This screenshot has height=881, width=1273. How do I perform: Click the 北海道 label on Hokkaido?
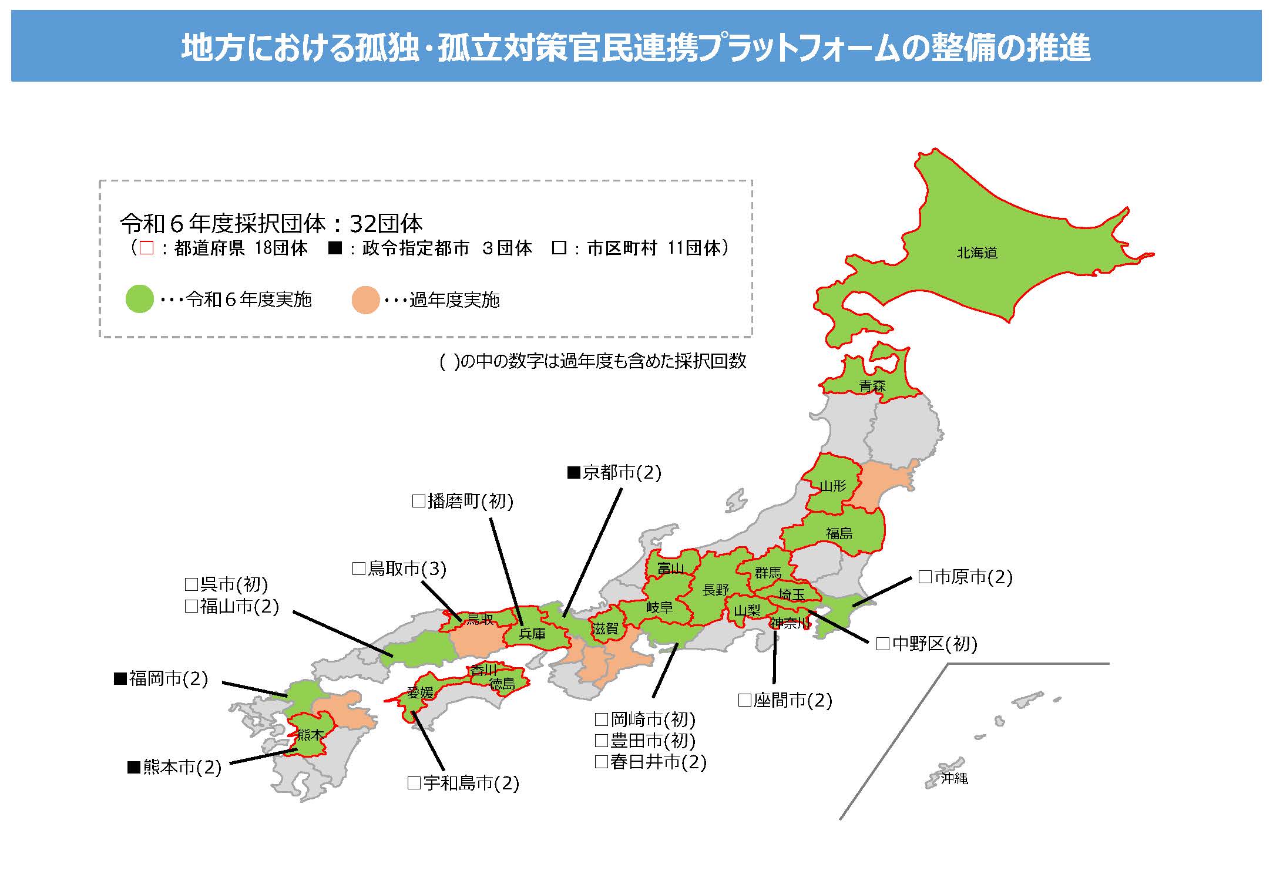(x=977, y=253)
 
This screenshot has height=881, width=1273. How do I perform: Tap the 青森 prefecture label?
(x=872, y=386)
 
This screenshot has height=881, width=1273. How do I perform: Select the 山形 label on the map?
(x=833, y=486)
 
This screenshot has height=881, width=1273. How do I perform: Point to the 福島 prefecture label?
(x=839, y=533)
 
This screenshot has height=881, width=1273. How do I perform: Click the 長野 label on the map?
(x=716, y=590)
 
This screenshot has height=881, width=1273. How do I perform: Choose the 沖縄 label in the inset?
(x=954, y=779)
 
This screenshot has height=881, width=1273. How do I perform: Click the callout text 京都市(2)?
(x=622, y=472)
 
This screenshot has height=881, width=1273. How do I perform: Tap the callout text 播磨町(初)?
(x=470, y=501)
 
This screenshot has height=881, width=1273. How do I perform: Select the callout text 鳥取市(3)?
(x=407, y=569)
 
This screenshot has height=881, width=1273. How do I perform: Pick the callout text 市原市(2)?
(x=973, y=577)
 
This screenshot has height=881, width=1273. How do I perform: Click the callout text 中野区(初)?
(x=934, y=644)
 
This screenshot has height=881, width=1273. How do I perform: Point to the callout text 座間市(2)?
(x=792, y=700)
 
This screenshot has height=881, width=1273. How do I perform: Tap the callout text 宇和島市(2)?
(x=471, y=783)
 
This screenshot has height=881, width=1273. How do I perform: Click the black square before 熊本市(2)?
(x=134, y=767)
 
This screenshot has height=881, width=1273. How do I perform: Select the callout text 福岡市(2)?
(x=169, y=679)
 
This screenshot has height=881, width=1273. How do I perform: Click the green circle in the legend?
(x=140, y=299)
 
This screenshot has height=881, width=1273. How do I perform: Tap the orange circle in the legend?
(x=365, y=300)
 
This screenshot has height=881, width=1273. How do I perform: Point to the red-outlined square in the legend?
(x=147, y=248)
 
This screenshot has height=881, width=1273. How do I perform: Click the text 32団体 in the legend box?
(x=386, y=224)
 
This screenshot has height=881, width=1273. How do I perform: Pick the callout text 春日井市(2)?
(x=658, y=762)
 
